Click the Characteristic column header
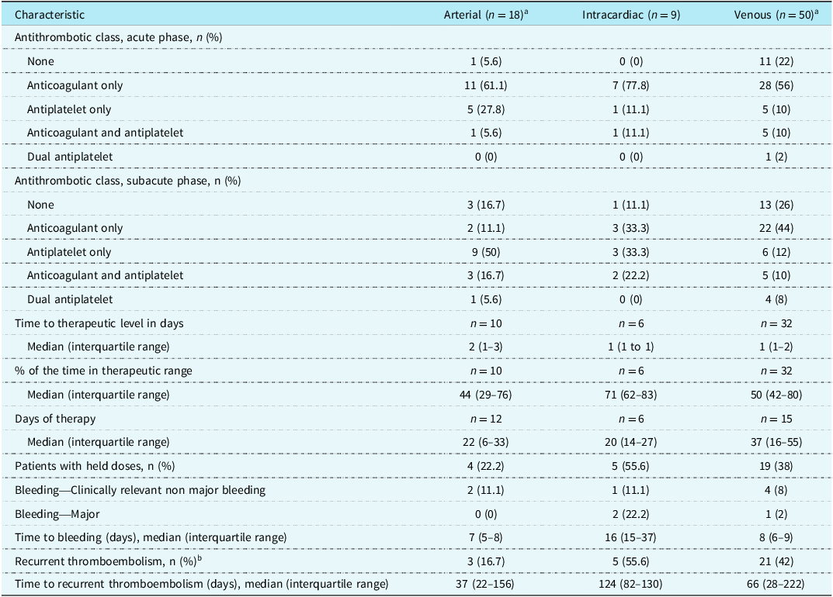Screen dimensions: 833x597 pyautogui.click(x=50, y=15)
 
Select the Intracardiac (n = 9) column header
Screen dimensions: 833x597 pyautogui.click(x=630, y=15)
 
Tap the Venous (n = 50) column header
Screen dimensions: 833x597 pyautogui.click(x=776, y=15)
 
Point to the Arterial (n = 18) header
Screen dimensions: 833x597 pyautogui.click(x=485, y=15)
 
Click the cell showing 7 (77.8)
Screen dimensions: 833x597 pyautogui.click(x=630, y=85)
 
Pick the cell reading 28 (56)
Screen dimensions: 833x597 pyautogui.click(x=776, y=85)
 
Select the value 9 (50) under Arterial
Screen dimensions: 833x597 pyautogui.click(x=485, y=252)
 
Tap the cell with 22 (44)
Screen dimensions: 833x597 pyautogui.click(x=776, y=228)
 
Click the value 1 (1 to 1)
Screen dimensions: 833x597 pyautogui.click(x=630, y=347)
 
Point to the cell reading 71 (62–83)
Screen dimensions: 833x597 pyautogui.click(x=630, y=395)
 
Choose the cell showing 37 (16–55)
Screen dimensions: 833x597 pyautogui.click(x=776, y=442)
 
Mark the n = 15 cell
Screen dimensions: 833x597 pyautogui.click(x=776, y=419)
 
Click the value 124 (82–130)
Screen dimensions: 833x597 pyautogui.click(x=630, y=585)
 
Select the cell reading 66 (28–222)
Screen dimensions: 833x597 pyautogui.click(x=776, y=585)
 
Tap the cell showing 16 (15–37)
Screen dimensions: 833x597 pyautogui.click(x=630, y=537)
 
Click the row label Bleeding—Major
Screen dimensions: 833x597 pyautogui.click(x=57, y=514)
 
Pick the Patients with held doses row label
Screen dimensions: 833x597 pyautogui.click(x=95, y=467)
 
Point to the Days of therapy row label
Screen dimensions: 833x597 pyautogui.click(x=55, y=419)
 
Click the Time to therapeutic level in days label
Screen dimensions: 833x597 pyautogui.click(x=99, y=324)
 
